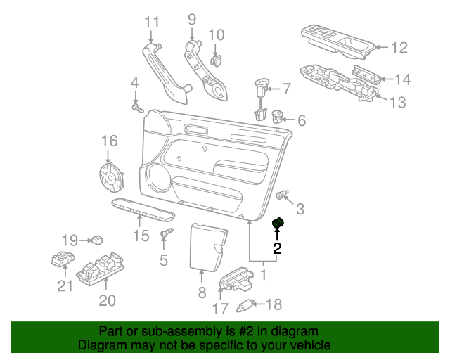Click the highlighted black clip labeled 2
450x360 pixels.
(278, 223)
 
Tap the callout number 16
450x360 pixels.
(110, 141)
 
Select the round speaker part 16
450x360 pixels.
(111, 177)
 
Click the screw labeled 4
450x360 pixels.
(138, 108)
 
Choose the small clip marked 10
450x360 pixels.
(216, 60)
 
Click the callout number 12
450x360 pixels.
(399, 48)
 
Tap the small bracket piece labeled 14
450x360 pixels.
(367, 74)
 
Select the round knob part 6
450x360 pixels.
(277, 116)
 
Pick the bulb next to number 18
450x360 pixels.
(245, 306)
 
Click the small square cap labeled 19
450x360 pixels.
(97, 240)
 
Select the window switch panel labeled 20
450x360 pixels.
(100, 269)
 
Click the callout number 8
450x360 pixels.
(202, 292)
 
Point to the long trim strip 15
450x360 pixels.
(143, 210)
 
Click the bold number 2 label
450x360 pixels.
(277, 249)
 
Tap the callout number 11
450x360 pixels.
(152, 22)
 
